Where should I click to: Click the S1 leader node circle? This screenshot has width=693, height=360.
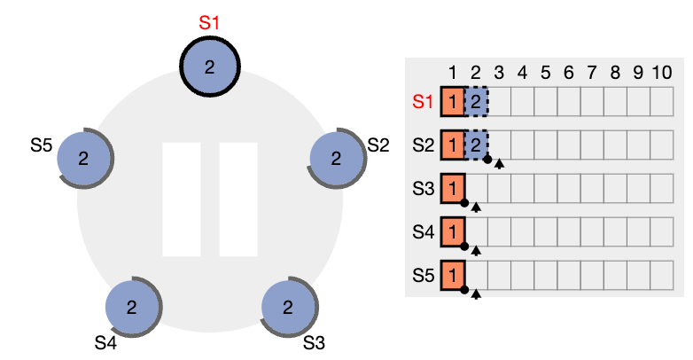click(x=210, y=67)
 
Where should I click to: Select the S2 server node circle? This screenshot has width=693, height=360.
click(x=337, y=158)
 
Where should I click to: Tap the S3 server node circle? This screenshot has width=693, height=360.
click(x=288, y=307)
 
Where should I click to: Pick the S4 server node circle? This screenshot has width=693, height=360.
click(x=132, y=307)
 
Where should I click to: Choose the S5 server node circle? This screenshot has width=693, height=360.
click(x=83, y=158)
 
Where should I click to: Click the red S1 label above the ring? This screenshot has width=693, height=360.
click(x=209, y=22)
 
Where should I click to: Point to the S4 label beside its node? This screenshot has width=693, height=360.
click(x=105, y=343)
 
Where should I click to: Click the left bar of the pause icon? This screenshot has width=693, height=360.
click(x=182, y=200)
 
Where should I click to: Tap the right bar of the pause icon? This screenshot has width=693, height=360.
click(x=238, y=200)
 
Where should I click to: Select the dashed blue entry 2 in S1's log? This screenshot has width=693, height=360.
click(x=476, y=102)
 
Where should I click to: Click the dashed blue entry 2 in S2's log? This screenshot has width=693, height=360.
click(x=476, y=145)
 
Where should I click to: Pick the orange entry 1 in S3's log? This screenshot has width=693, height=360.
click(x=453, y=188)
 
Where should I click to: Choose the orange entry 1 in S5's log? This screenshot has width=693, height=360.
click(x=453, y=276)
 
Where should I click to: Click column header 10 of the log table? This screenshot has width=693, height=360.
click(x=662, y=73)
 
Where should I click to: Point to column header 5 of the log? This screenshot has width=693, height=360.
click(x=545, y=73)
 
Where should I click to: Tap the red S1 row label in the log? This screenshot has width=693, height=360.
click(x=423, y=102)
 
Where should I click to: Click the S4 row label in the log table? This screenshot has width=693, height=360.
click(x=424, y=231)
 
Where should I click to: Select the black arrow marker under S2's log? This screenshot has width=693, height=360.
click(x=499, y=164)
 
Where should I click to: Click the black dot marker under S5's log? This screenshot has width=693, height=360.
click(x=464, y=290)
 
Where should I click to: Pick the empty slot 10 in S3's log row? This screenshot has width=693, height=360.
click(x=662, y=188)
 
